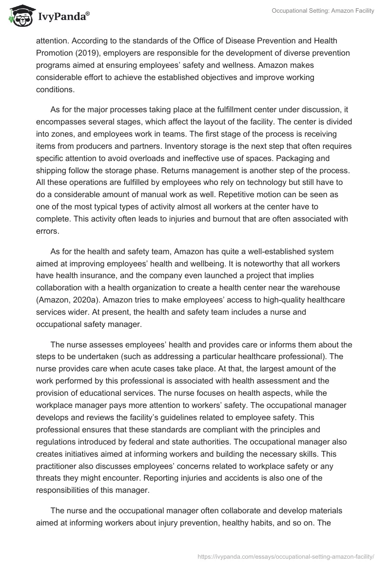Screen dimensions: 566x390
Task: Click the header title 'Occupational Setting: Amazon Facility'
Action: coord(322,11)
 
